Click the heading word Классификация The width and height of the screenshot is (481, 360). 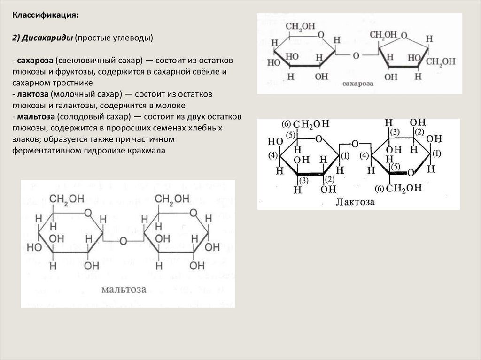(45, 15)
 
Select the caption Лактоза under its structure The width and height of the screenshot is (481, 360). (355, 202)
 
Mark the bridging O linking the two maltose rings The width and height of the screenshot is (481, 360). (123, 241)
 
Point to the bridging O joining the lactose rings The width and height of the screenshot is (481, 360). (355, 144)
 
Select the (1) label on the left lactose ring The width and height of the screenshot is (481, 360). (346, 156)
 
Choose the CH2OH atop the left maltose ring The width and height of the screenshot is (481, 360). (67, 200)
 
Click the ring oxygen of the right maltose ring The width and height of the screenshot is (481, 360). (193, 214)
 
